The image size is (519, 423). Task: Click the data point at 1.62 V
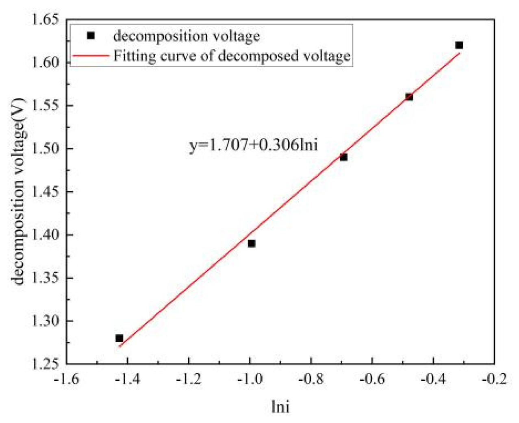(459, 45)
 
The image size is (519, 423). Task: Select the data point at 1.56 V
(409, 97)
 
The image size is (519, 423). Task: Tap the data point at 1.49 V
(343, 157)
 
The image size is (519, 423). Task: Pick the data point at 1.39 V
(252, 243)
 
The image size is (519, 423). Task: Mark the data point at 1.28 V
(119, 338)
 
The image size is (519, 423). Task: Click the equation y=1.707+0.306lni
(253, 145)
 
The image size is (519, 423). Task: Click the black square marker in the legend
(91, 36)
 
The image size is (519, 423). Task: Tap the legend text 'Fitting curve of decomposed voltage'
(232, 55)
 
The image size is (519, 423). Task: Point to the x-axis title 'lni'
(280, 406)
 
